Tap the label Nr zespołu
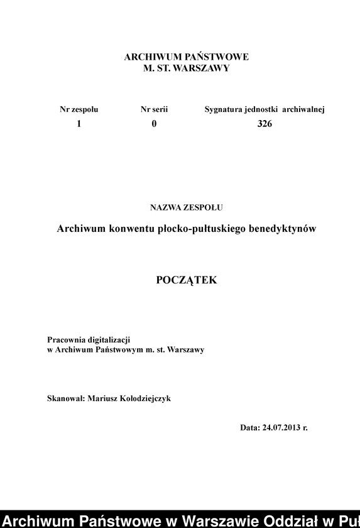[79, 109]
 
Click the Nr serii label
[154, 109]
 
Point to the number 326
[265, 124]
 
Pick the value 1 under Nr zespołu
[79, 124]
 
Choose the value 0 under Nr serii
[154, 124]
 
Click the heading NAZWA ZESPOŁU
[187, 206]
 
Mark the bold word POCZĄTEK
[187, 280]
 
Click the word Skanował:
[66, 399]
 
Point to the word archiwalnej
[303, 109]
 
